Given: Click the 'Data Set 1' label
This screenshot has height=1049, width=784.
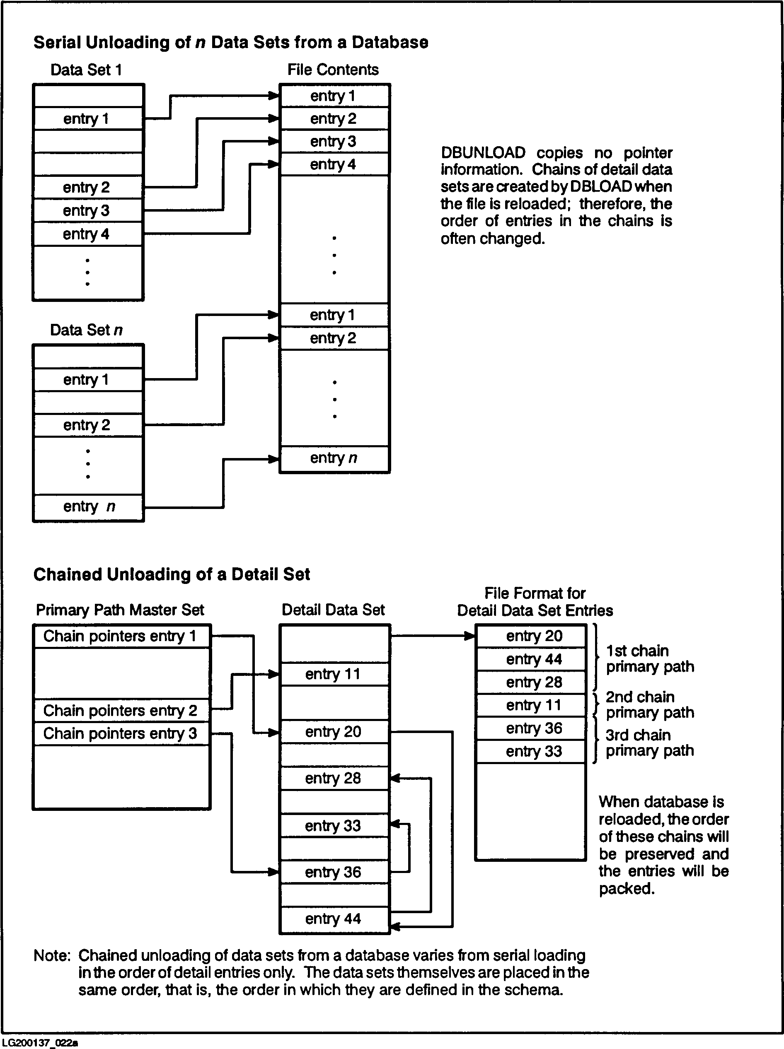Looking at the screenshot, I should point(86,70).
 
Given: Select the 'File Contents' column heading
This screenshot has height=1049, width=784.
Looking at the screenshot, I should point(333,70).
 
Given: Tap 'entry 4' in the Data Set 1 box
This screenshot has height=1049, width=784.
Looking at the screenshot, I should point(86,234).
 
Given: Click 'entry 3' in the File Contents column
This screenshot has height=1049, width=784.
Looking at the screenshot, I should point(333,141).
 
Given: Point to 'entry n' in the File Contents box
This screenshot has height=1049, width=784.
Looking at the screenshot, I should point(333,458).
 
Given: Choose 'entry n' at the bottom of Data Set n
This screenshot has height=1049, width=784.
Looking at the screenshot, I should point(89,506).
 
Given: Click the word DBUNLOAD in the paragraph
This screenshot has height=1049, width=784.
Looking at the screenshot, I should point(483,153).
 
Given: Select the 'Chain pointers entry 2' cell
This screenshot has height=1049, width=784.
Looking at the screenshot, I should point(120,710).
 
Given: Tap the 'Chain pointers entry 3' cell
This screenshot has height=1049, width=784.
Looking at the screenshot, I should point(120,733).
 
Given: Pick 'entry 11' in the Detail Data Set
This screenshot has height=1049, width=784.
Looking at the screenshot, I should point(333,674).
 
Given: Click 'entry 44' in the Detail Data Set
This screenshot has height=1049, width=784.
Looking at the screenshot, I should point(333,919).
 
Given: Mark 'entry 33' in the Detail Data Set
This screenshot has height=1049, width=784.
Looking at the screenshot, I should point(333,826).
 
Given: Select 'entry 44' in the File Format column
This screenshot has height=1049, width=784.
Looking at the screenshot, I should point(534,659).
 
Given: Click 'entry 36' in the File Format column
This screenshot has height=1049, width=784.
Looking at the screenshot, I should point(534,728).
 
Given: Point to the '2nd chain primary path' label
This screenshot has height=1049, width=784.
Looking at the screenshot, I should point(649,705).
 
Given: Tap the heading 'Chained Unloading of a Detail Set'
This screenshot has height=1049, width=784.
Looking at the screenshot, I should point(171,574).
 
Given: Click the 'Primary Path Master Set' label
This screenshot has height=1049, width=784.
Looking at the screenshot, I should point(120,610).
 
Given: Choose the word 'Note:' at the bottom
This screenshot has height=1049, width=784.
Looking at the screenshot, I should point(52,955).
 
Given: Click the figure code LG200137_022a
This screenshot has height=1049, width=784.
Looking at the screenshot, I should point(39,1042).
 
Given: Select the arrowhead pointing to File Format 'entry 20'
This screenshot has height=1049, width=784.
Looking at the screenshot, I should point(470,636).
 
